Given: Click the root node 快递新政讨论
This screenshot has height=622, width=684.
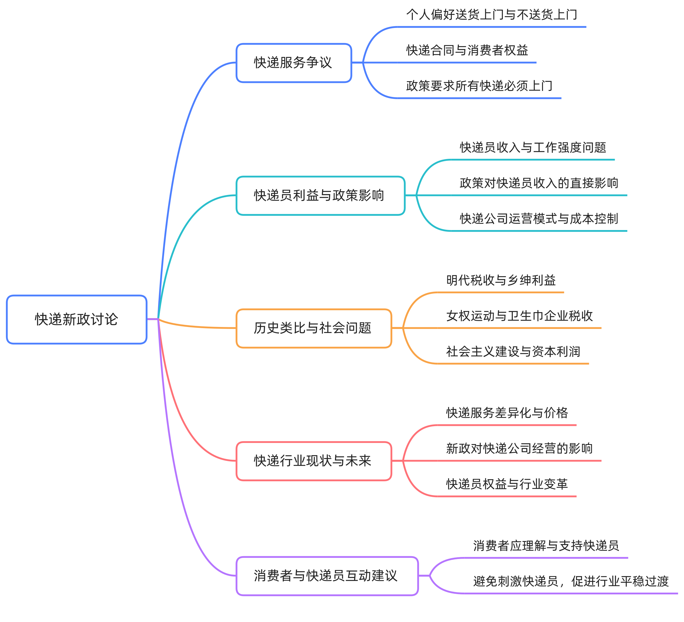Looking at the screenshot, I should click(76, 320).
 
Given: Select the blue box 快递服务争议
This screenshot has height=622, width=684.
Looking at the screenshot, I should click(293, 63).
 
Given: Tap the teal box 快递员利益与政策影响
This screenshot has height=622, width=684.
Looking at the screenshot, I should click(320, 196).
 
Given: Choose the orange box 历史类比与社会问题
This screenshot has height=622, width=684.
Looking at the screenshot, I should click(313, 328).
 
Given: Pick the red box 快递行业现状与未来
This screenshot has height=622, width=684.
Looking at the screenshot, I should click(313, 461).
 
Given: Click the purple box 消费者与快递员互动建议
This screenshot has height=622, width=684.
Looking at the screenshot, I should click(327, 576).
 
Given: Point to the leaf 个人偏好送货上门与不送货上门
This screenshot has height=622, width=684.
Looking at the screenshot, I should click(491, 15).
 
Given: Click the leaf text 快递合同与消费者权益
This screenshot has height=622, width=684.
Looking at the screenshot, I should click(467, 50).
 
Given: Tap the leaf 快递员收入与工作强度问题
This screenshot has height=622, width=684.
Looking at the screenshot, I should click(533, 148).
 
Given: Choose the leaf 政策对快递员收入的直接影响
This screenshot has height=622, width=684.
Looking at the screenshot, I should click(539, 183).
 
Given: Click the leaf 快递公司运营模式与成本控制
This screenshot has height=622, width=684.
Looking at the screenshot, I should click(539, 219).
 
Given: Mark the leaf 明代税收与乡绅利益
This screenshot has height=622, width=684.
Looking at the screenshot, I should click(501, 280).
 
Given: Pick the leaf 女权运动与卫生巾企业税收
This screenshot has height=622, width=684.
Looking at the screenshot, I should click(519, 316).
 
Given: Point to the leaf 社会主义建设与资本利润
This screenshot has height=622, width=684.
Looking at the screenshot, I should click(513, 352).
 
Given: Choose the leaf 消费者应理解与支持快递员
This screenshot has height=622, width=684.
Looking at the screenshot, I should click(546, 546).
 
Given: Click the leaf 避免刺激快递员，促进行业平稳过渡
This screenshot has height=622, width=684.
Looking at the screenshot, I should click(571, 582).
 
